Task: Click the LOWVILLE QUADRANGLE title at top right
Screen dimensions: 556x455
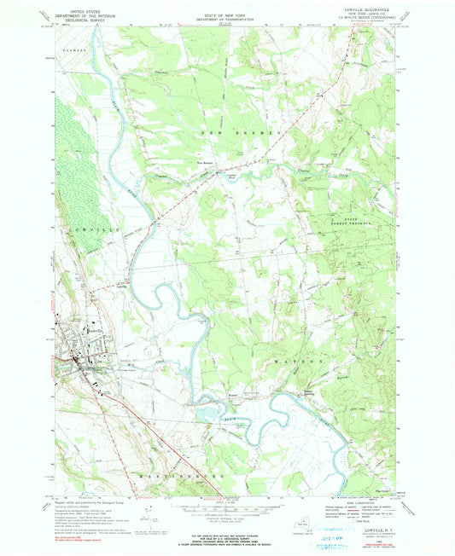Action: click(x=351, y=9)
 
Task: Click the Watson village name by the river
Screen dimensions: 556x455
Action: click(x=232, y=395)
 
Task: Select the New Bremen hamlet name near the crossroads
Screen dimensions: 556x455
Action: click(x=206, y=164)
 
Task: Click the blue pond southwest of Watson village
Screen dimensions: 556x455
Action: click(x=207, y=414)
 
